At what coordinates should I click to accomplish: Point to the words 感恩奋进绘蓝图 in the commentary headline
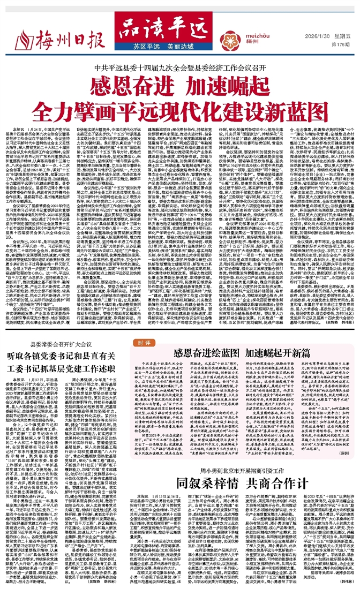pos(206,383)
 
